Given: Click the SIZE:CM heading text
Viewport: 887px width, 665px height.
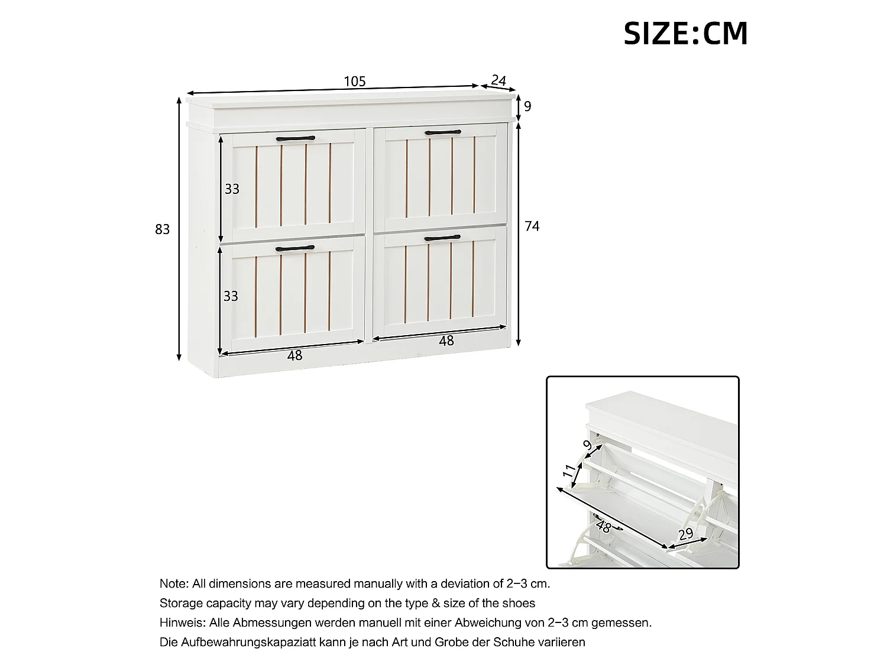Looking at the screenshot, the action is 685,33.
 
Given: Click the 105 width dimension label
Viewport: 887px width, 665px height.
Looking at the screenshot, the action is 355,82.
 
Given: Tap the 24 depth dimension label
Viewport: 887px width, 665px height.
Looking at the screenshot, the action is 498,80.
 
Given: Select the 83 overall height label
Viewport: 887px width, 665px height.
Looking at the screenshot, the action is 163,229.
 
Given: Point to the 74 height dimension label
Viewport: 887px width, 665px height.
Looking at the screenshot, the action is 532,226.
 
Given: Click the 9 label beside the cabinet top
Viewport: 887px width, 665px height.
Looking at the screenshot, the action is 527,106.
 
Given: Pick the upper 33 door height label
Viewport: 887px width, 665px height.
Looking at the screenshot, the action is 232,189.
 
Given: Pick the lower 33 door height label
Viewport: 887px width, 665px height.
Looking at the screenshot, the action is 231,296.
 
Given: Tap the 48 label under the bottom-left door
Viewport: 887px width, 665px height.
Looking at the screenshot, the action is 294,355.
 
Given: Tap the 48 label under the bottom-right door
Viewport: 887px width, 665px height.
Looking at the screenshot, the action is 446,341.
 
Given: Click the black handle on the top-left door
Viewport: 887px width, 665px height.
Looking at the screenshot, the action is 296,139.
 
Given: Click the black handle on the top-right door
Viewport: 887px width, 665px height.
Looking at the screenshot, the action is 442,132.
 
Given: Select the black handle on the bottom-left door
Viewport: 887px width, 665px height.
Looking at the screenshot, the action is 295,248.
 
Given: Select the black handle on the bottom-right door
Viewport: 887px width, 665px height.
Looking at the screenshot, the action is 442,238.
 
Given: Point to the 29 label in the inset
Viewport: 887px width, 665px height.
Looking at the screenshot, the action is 686,534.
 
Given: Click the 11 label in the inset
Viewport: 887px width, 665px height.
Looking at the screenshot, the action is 569,471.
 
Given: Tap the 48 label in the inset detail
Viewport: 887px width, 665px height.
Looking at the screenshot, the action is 603,527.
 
